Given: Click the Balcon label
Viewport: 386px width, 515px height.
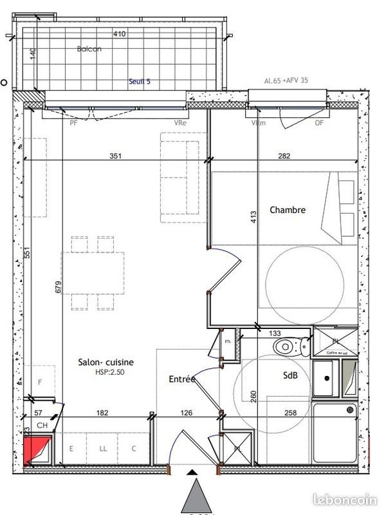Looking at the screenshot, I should pos(89,49).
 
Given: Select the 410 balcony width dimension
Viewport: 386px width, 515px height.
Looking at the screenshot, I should pos(119,34).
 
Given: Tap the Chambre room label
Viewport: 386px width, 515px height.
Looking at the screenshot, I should pos(288,210).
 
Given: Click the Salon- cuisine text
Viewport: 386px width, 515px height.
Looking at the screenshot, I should pos(106,363).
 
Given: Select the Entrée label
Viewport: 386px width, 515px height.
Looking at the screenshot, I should pos(182,380).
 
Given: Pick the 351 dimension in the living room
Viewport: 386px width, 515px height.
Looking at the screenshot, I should pos(115,155).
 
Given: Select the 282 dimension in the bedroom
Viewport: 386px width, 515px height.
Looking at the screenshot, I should pos(284,155).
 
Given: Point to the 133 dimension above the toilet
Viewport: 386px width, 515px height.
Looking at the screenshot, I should pos(275,333).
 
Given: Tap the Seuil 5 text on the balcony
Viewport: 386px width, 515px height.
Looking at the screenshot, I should pos(139,82).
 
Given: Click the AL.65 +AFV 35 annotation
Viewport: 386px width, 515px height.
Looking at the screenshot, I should pos(286,82).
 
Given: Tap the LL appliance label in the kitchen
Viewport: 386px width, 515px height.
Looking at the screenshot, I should pos(103,449).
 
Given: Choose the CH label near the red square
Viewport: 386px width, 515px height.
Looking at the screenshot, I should pos(42,426).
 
